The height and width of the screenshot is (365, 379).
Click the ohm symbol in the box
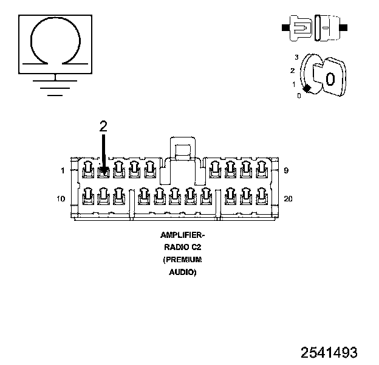[55, 40]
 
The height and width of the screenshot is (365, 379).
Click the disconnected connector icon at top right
[314, 28]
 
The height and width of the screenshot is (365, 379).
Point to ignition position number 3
[296, 57]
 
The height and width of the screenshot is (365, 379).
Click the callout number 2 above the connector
[103, 127]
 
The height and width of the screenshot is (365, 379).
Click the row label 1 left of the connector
[63, 171]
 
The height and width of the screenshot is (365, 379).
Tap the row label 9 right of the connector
[286, 171]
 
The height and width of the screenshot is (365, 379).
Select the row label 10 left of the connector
[61, 199]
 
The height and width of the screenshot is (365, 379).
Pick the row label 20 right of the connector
[288, 199]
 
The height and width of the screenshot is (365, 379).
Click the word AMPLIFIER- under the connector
[182, 235]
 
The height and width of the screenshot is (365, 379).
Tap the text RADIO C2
[182, 247]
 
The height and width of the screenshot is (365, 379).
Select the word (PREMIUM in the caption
[182, 260]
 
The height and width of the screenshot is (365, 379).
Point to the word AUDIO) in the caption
[182, 273]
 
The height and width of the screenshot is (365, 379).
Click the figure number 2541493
[329, 353]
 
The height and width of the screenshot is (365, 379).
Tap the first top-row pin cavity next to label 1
[87, 169]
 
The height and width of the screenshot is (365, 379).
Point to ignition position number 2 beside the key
[293, 71]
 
